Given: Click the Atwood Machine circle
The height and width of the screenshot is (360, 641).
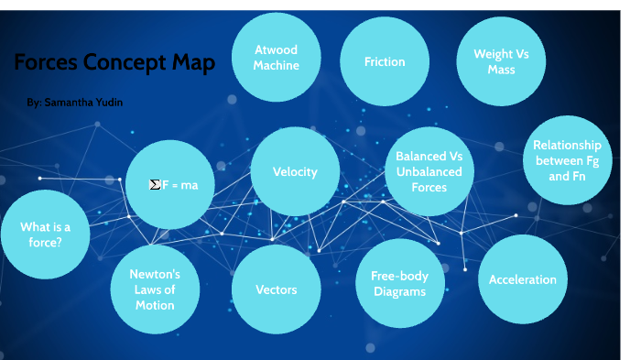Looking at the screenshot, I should coord(276,58).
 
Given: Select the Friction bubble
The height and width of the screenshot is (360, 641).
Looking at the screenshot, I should coord(384,61).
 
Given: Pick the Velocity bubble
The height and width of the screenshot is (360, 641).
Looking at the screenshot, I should coord(295,171).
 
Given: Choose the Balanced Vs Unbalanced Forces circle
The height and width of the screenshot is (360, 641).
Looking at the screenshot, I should coord(429,171).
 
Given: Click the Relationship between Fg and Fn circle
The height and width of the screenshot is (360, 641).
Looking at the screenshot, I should coord(567,159).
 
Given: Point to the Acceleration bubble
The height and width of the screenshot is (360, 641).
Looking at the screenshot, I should coord(522,279).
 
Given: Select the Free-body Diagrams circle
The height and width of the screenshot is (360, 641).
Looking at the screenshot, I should coord(399,283).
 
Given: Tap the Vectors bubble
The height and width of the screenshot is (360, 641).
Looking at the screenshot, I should coord(276,289).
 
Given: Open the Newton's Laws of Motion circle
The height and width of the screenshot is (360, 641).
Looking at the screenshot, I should coord(154,289).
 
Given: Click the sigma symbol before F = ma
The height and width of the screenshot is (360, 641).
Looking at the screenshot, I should coord(155,185).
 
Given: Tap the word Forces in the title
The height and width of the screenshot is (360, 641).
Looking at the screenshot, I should coord(45,63).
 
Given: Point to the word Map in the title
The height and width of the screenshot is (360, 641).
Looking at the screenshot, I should coord(195,63).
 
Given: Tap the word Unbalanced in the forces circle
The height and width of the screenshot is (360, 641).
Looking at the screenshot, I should coord(429,171).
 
